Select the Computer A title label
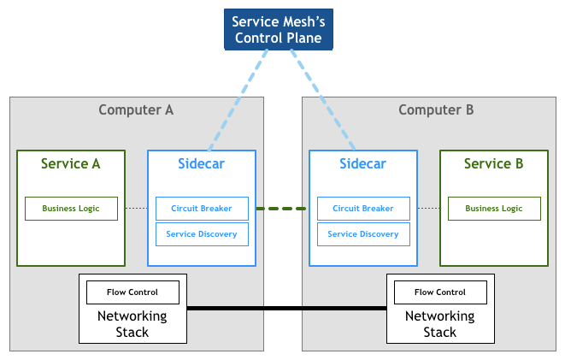pyautogui.click(x=136, y=110)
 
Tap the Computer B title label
pyautogui.click(x=436, y=110)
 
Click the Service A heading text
pyautogui.click(x=71, y=164)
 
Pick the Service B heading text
pyautogui.click(x=493, y=164)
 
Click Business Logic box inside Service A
pyautogui.click(x=71, y=209)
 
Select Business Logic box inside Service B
pyautogui.click(x=493, y=209)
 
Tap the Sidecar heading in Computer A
pyautogui.click(x=201, y=164)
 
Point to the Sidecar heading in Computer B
pyautogui.click(x=362, y=164)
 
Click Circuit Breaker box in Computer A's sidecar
pyautogui.click(x=202, y=209)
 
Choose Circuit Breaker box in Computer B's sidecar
pyautogui.click(x=362, y=209)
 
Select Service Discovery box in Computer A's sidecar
pyautogui.click(x=202, y=234)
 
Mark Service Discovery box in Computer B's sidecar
pyautogui.click(x=362, y=234)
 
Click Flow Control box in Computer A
pyautogui.click(x=132, y=292)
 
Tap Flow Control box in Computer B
pyautogui.click(x=439, y=292)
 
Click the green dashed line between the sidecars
pyautogui.click(x=281, y=209)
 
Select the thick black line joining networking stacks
pyautogui.click(x=285, y=308)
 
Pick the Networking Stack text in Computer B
pyautogui.click(x=439, y=324)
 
